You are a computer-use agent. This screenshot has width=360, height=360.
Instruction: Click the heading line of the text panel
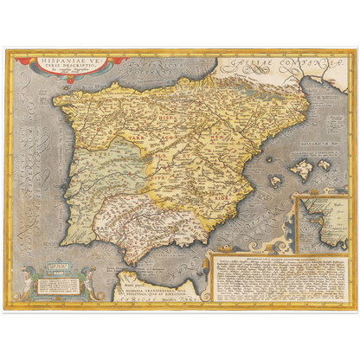click(278, 258)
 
